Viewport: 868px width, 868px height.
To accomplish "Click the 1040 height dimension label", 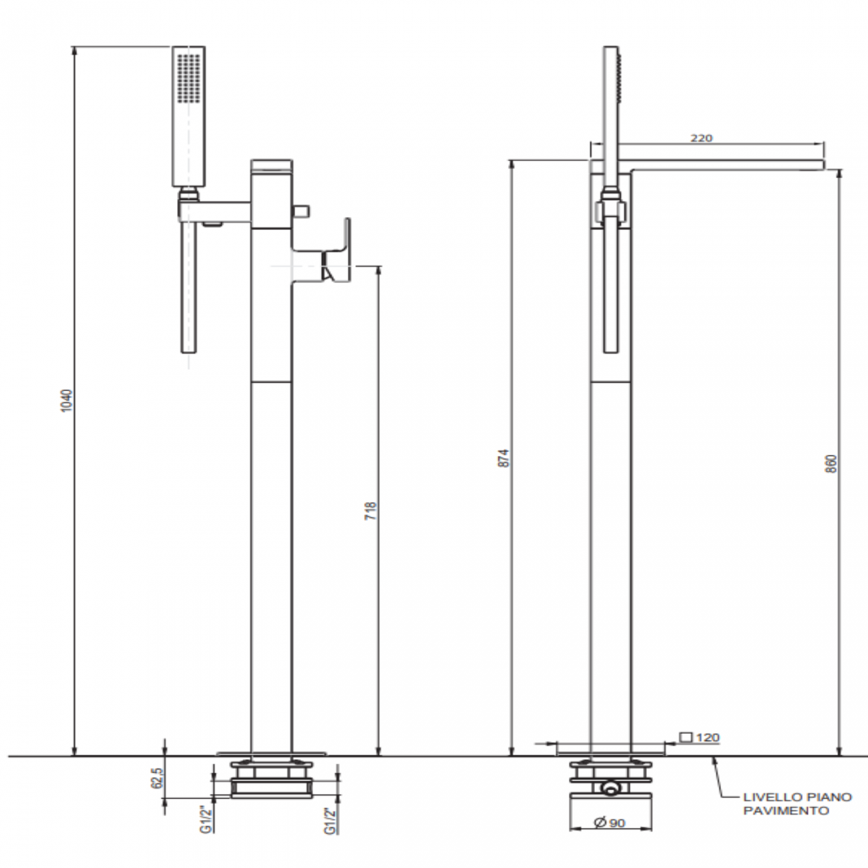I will tap(65, 401).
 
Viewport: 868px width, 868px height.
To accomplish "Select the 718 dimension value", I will tap(373, 511).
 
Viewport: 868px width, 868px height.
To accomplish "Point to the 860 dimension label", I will tap(831, 464).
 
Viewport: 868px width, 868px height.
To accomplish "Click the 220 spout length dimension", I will tap(701, 138).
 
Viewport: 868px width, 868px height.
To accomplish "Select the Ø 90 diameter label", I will tap(609, 823).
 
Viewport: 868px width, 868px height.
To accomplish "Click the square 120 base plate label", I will tap(700, 738).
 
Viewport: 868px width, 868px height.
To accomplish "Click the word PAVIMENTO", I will tap(786, 811).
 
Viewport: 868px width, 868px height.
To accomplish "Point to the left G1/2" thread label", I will tap(206, 820).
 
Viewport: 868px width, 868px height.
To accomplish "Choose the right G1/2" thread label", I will tap(329, 820).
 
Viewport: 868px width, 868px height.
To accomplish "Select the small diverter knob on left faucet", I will tap(304, 210).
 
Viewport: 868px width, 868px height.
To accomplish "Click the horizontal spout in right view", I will tap(728, 164).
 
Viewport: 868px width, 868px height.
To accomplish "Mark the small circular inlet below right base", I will tap(609, 789).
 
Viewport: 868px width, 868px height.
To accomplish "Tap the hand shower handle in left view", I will tap(190, 287).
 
